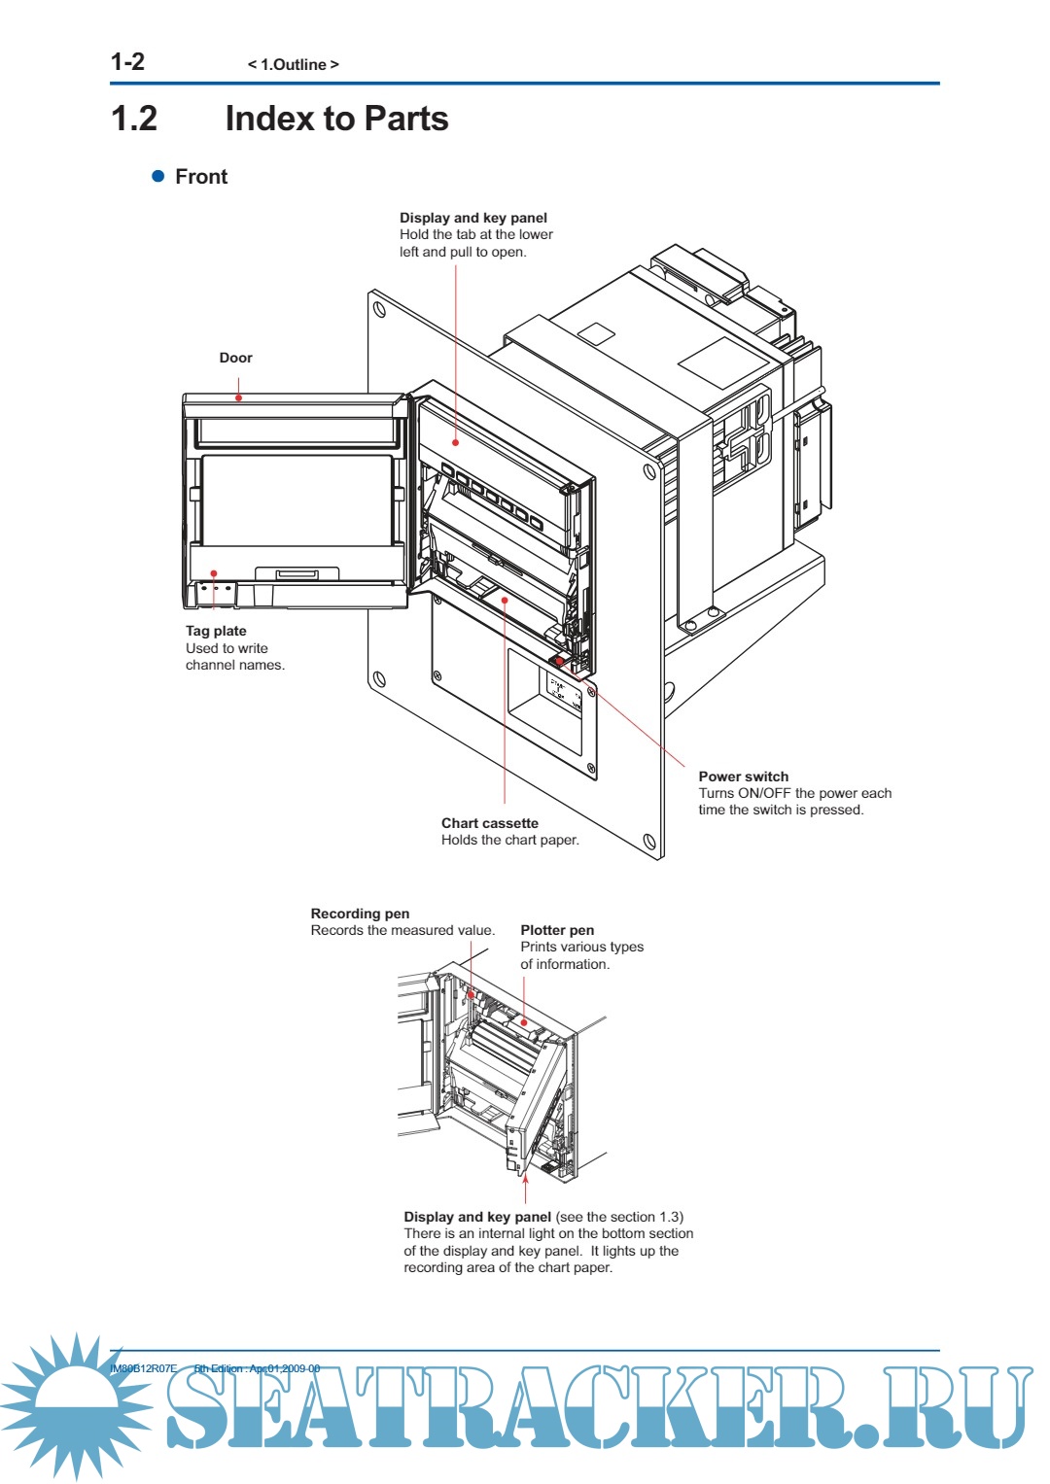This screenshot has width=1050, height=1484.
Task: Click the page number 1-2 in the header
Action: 127,62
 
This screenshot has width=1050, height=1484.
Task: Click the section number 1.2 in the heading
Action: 134,119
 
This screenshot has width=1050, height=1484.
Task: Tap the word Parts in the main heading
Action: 406,119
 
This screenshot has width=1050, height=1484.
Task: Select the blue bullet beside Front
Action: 158,176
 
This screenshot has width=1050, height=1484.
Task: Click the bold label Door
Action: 235,358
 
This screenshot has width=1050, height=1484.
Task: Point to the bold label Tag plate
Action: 216,631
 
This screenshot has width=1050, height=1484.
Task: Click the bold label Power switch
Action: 743,777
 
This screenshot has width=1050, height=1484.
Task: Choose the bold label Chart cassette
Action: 489,823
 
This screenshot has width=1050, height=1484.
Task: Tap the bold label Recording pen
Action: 360,914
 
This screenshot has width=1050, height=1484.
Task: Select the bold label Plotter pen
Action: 557,930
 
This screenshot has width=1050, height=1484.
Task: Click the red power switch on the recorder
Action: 559,661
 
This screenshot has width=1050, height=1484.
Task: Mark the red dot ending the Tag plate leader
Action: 214,573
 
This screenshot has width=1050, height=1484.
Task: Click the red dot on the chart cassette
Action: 505,600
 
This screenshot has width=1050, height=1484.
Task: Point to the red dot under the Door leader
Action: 238,397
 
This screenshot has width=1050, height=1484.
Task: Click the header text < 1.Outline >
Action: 293,65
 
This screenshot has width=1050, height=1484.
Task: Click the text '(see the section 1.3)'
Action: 619,1217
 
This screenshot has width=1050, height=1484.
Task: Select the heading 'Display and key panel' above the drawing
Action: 472,218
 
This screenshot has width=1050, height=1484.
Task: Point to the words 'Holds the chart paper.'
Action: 509,840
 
